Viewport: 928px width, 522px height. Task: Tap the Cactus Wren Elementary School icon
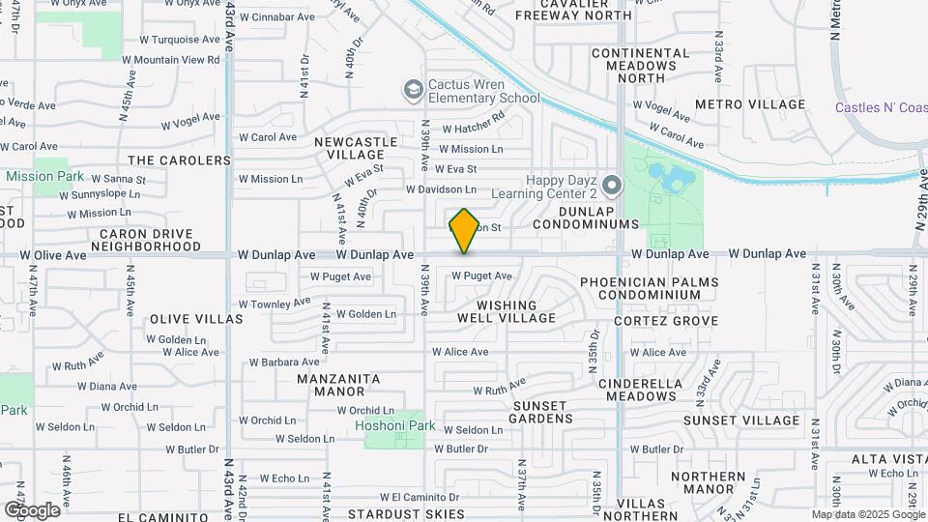tap(414, 90)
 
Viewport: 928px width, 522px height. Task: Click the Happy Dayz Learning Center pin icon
tap(611, 184)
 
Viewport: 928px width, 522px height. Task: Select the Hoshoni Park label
tap(395, 425)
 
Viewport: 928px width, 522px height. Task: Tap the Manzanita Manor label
tap(332, 385)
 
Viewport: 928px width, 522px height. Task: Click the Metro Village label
tap(750, 104)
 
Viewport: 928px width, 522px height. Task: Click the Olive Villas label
tap(196, 319)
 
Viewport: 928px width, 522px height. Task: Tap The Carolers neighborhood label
tap(179, 160)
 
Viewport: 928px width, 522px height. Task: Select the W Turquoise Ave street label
tap(179, 40)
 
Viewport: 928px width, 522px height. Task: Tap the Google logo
tap(32, 509)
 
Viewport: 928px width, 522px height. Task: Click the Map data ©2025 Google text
tap(867, 514)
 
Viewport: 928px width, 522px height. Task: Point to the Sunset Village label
tap(741, 420)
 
